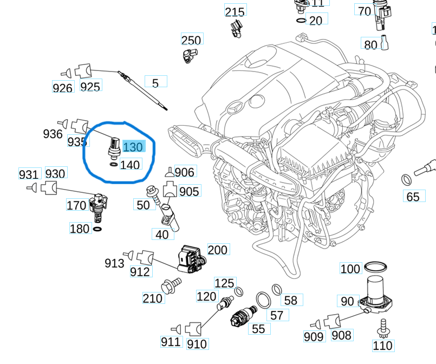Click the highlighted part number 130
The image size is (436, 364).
pyautogui.click(x=133, y=147)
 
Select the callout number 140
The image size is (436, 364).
pyautogui.click(x=130, y=165)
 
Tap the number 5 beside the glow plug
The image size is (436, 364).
pyautogui.click(x=155, y=83)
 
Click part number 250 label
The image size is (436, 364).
pyautogui.click(x=191, y=40)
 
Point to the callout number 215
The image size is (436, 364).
pyautogui.click(x=235, y=11)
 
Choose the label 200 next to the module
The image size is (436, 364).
pyautogui.click(x=218, y=250)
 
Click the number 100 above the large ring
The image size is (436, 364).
pyautogui.click(x=350, y=269)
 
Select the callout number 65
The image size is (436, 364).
pyautogui.click(x=413, y=197)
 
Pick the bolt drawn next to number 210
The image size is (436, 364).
pyautogui.click(x=171, y=284)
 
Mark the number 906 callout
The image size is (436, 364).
pyautogui.click(x=184, y=172)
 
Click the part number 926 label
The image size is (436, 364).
pyautogui.click(x=63, y=87)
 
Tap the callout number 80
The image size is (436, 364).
pyautogui.click(x=370, y=45)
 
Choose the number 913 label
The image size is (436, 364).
pyautogui.click(x=114, y=263)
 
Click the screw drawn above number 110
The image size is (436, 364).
pyautogui.click(x=384, y=326)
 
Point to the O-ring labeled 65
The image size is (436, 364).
pyautogui.click(x=406, y=179)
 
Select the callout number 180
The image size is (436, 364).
pyautogui.click(x=80, y=229)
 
